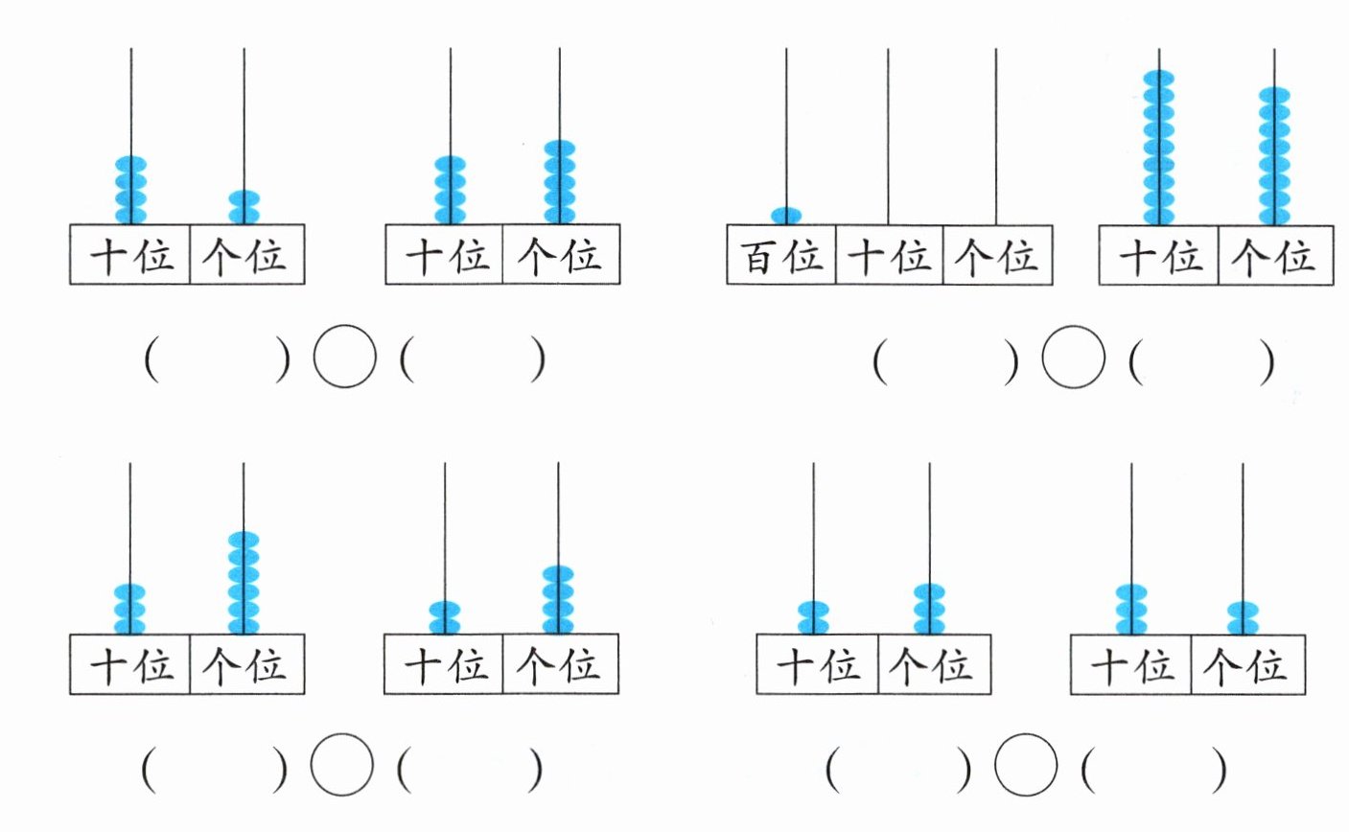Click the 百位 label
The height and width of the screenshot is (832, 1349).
click(781, 257)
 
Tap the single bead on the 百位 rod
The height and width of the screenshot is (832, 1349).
click(786, 216)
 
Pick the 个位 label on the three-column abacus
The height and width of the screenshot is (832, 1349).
click(997, 257)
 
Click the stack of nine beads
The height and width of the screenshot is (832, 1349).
click(1159, 148)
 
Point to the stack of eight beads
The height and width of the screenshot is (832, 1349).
click(1274, 156)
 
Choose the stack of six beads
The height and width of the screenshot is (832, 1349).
click(244, 583)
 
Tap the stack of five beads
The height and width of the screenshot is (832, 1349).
click(560, 182)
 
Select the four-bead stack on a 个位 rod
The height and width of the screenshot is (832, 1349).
click(558, 600)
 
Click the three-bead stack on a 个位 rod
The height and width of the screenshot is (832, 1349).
click(929, 609)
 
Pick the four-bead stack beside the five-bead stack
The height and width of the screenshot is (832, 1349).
click(450, 190)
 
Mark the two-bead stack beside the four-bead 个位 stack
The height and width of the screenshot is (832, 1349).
click(445, 617)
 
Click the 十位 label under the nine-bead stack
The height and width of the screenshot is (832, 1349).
click(1160, 257)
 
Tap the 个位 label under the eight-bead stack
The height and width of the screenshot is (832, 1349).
click(1272, 257)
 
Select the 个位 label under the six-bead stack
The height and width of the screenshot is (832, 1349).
click(244, 666)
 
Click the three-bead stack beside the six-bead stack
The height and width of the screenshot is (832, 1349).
click(129, 609)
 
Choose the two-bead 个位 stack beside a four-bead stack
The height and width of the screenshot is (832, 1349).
click(244, 207)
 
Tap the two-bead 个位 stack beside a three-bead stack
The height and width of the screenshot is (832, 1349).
click(1243, 617)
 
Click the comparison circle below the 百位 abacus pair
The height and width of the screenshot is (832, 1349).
click(1074, 357)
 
